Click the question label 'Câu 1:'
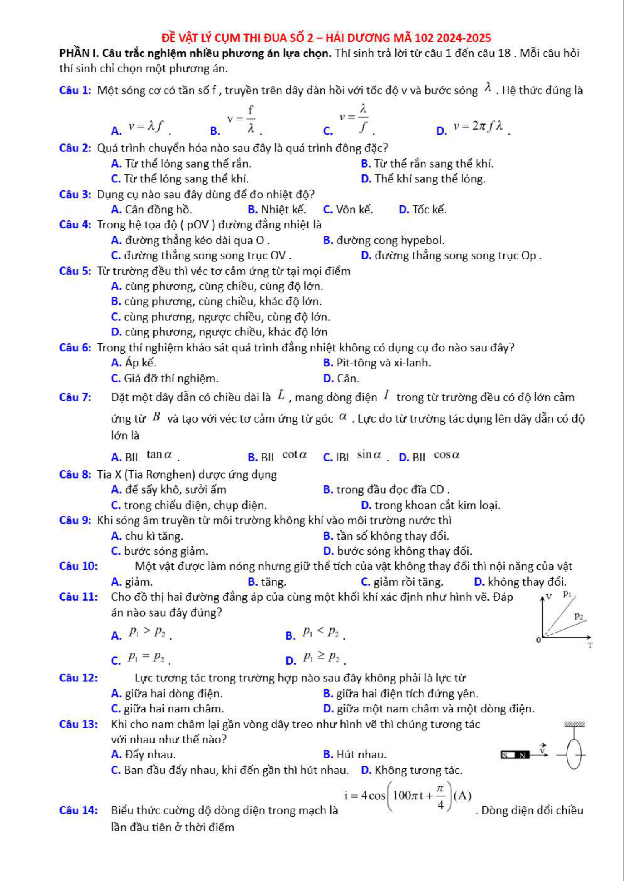tap(75, 90)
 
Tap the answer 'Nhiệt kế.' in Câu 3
tap(283, 209)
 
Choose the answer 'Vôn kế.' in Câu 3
tap(354, 209)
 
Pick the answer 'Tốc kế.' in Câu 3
tap(429, 209)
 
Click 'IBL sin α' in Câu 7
tap(358, 456)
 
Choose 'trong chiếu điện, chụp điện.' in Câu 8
tap(195, 505)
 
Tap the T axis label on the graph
tap(590, 646)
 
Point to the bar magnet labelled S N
tap(516, 755)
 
